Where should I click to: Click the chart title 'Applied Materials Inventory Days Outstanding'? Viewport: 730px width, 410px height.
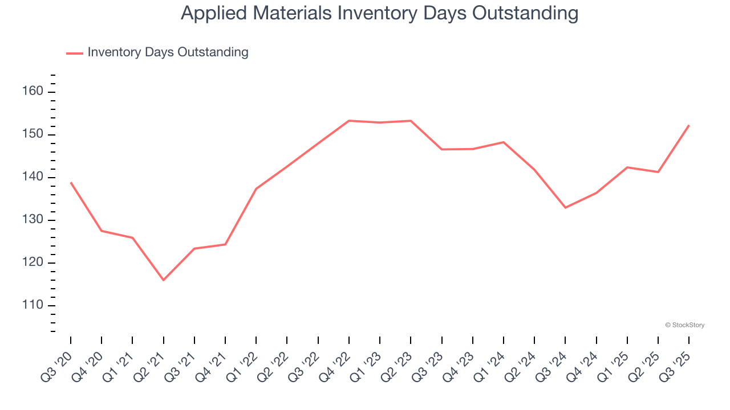(x=379, y=13)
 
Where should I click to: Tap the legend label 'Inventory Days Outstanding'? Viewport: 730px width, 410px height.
(x=168, y=52)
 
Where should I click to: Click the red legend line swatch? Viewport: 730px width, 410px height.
(x=75, y=53)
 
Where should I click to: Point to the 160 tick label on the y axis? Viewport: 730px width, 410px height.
(x=33, y=92)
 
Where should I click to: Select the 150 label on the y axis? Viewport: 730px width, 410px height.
(x=33, y=134)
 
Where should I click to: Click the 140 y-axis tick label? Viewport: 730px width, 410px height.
(x=33, y=177)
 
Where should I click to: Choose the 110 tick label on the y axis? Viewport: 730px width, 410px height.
(x=33, y=305)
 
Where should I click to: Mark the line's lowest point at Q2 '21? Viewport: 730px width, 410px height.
(x=164, y=280)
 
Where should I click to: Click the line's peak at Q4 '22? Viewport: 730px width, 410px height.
(x=349, y=121)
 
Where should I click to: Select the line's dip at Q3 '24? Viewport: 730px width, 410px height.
(x=565, y=207)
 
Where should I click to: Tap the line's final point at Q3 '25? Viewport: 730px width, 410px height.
(x=689, y=125)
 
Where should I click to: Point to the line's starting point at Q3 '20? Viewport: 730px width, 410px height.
(x=71, y=183)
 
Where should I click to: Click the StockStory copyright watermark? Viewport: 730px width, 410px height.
(x=684, y=325)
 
